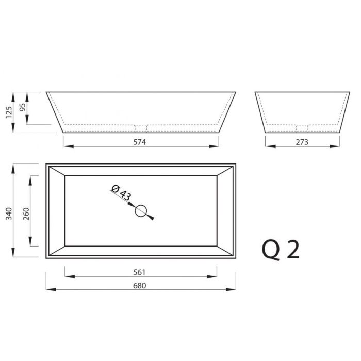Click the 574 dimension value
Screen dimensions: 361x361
pyautogui.click(x=140, y=142)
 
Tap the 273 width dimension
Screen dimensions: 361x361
pyautogui.click(x=302, y=142)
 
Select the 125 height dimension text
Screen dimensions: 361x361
pyautogui.click(x=9, y=112)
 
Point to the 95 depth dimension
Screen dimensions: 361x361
pyautogui.click(x=22, y=107)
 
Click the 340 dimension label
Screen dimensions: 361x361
pyautogui.click(x=9, y=214)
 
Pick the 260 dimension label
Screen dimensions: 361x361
pyautogui.click(x=26, y=214)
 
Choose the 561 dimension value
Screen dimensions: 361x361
pyautogui.click(x=140, y=272)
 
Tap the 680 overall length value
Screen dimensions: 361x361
pyautogui.click(x=140, y=286)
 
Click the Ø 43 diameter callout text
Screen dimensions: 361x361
pyautogui.click(x=121, y=192)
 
